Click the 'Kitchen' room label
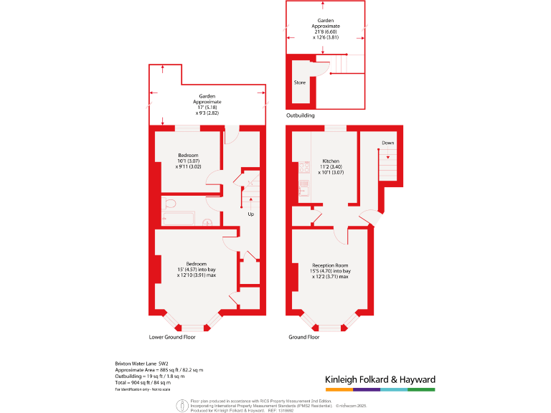(x=331, y=161)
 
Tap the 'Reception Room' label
(x=330, y=266)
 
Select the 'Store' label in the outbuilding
(x=300, y=82)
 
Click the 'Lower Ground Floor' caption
(x=172, y=336)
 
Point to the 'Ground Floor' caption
(x=303, y=336)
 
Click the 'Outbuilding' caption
(x=300, y=115)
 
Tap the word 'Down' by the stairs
(x=387, y=143)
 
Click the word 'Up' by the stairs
(x=250, y=214)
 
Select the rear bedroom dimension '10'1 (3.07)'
(x=189, y=161)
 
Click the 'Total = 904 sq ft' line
(x=143, y=382)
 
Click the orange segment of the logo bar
(x=339, y=389)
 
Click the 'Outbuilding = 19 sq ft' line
(x=150, y=376)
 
